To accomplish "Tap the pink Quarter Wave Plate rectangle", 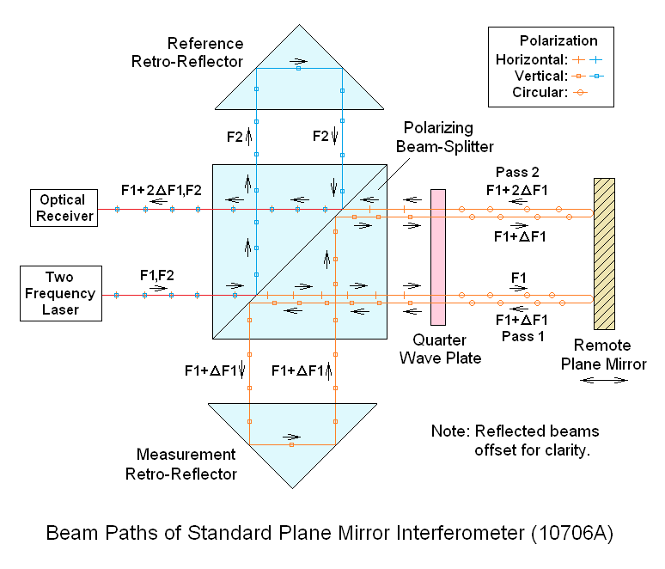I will tap(438, 257).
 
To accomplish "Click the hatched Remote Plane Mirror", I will tap(604, 254).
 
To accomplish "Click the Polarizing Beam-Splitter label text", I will tap(443, 138).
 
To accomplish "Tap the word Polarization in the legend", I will tap(558, 40).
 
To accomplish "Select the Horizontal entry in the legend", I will tap(532, 59).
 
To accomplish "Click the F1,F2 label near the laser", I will tap(157, 276).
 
